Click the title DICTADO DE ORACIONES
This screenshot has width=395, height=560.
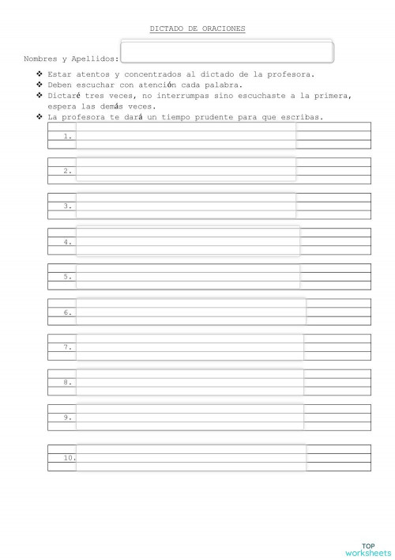pos(197,28)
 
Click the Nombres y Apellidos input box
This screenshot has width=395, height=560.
pos(227,52)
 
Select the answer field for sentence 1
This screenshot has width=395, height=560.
pos(186,135)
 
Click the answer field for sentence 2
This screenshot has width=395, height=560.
pos(186,170)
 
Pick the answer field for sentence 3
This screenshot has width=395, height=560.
pos(186,206)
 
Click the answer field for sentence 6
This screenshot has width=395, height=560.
pos(190,312)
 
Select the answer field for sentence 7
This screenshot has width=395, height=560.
pos(190,346)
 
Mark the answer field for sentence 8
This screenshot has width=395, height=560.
pos(190,382)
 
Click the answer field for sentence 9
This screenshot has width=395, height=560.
pos(190,417)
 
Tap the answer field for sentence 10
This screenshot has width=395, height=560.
pos(190,457)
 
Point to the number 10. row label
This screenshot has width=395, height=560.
pos(70,457)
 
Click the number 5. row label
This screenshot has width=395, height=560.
pos(68,277)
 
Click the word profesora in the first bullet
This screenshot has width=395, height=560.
pos(292,74)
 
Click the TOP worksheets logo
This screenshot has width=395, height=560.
pos(368,549)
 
